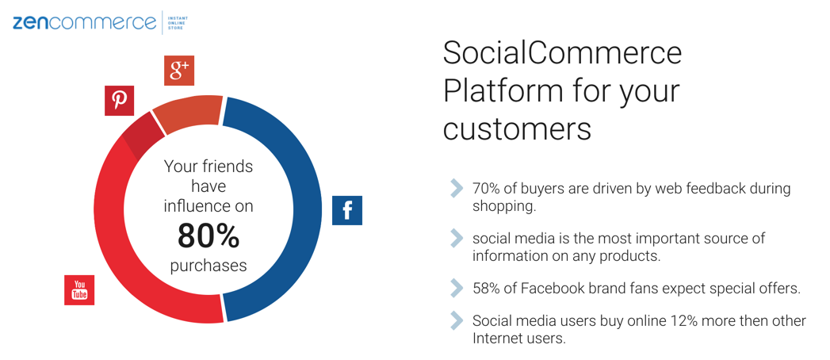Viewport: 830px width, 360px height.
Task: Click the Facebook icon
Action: pyautogui.click(x=347, y=210)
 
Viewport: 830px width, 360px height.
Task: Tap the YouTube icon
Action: pyautogui.click(x=79, y=290)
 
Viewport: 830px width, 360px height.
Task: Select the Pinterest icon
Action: pyautogui.click(x=119, y=101)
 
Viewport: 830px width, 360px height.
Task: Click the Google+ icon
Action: pyautogui.click(x=179, y=71)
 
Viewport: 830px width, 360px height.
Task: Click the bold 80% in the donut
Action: pyautogui.click(x=208, y=236)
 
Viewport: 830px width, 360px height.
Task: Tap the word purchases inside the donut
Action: pyautogui.click(x=208, y=265)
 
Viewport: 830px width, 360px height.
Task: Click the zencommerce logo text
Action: pyautogui.click(x=85, y=23)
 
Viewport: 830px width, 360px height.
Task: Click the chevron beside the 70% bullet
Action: pyautogui.click(x=457, y=189)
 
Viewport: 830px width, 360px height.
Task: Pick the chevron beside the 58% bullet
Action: pyautogui.click(x=457, y=289)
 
